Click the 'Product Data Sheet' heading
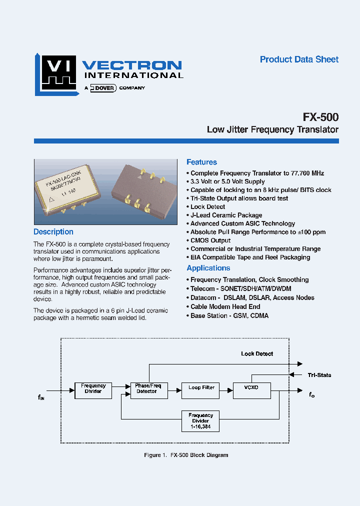[299, 59]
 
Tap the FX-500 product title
[320, 117]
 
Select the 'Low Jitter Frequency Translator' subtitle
[272, 130]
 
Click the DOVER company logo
[103, 88]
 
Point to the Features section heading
[201, 162]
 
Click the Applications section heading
[208, 268]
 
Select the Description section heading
[53, 232]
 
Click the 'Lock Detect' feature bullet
[207, 207]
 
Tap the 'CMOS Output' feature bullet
[210, 240]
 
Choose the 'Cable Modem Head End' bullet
[225, 307]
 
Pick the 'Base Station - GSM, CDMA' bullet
[229, 316]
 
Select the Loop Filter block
[201, 388]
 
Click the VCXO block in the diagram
[251, 388]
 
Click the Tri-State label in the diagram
[319, 375]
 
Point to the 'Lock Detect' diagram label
[257, 354]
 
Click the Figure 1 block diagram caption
[185, 455]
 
